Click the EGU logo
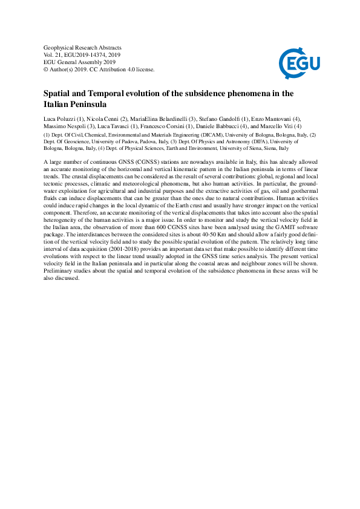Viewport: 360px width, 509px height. [299, 60]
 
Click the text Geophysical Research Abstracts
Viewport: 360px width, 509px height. [82, 47]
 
